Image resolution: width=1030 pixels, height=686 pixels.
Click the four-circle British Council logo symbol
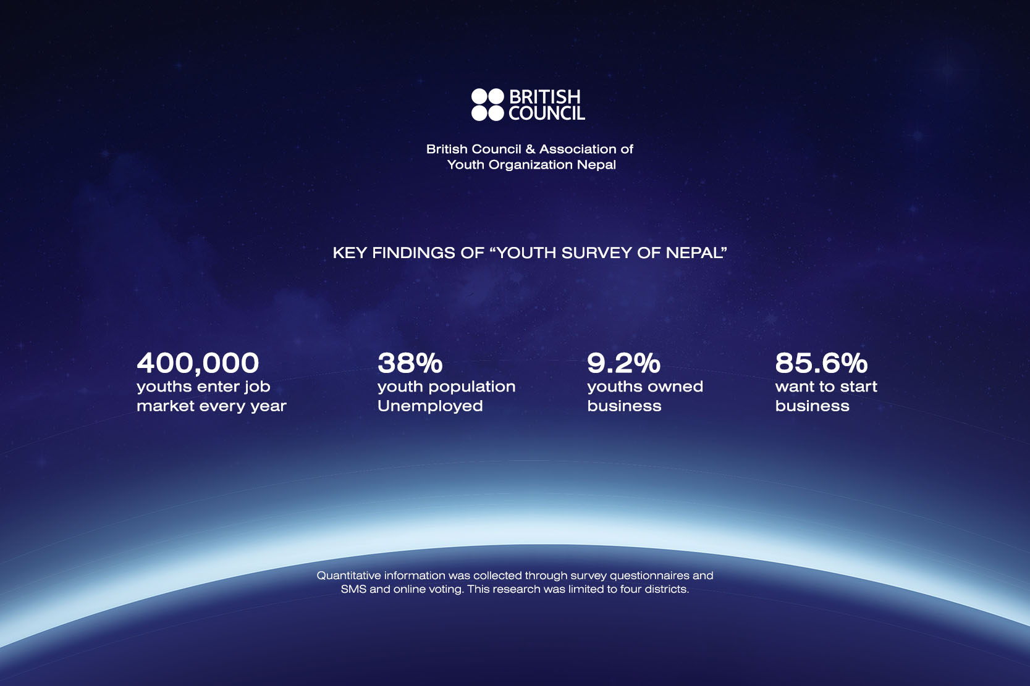488,105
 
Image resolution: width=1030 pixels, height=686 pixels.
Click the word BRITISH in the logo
545,96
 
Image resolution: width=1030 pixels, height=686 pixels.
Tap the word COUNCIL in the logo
547,113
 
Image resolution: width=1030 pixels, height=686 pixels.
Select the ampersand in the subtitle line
530,149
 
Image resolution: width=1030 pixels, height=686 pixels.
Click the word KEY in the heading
350,253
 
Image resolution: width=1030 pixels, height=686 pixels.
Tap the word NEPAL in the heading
694,253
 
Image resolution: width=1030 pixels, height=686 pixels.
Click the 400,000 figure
198,364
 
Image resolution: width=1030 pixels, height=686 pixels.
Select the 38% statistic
410,363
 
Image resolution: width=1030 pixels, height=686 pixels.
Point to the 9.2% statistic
623,363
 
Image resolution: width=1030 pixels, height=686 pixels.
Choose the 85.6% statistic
821,363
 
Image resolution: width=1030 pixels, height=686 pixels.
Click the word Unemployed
430,406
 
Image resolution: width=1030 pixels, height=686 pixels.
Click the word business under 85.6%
812,406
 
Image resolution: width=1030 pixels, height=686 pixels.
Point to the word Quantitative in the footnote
348,575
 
